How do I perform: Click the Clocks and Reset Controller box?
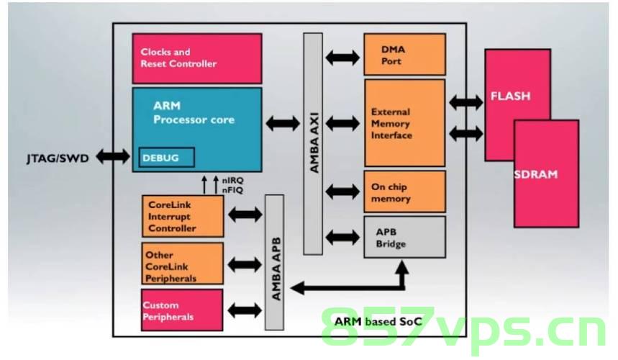click(x=197, y=58)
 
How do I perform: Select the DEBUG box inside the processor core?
click(x=167, y=158)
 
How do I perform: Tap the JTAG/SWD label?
click(x=58, y=158)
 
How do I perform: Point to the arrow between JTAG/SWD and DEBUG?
click(x=113, y=156)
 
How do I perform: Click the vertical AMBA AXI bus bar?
click(x=313, y=143)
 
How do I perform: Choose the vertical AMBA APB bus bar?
click(x=274, y=262)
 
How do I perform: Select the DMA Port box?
click(x=405, y=55)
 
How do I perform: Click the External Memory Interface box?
click(x=405, y=123)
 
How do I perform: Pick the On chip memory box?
click(x=405, y=192)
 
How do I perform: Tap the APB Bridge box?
click(x=405, y=237)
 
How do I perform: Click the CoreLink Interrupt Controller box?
click(x=183, y=216)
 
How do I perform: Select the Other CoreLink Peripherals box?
click(x=183, y=264)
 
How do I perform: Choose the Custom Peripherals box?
click(x=182, y=310)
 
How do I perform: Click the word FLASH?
click(x=510, y=96)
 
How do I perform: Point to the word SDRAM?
click(x=536, y=174)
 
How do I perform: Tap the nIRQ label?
click(x=232, y=180)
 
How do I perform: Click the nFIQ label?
click(x=232, y=190)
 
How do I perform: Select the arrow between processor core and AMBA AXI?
click(x=283, y=123)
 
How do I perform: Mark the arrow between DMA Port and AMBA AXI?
click(x=342, y=58)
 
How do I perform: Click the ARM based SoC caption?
click(x=378, y=321)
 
